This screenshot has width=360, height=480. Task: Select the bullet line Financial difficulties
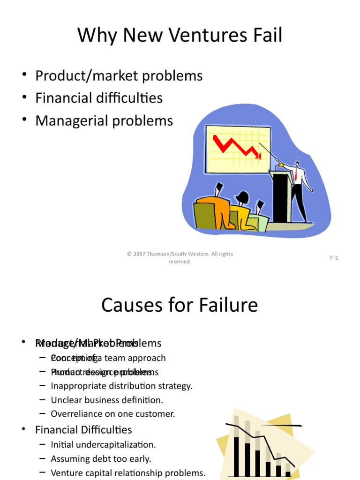point(99,98)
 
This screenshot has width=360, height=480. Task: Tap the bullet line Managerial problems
point(104,121)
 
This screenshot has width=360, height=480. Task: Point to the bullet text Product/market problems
point(119,75)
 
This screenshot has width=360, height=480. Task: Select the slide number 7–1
point(333,258)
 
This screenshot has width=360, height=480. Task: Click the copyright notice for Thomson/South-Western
point(180,257)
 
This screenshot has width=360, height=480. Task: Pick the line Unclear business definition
point(107,400)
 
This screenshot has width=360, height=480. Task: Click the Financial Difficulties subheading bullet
point(83,429)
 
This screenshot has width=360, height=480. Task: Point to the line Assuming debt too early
point(101,458)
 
